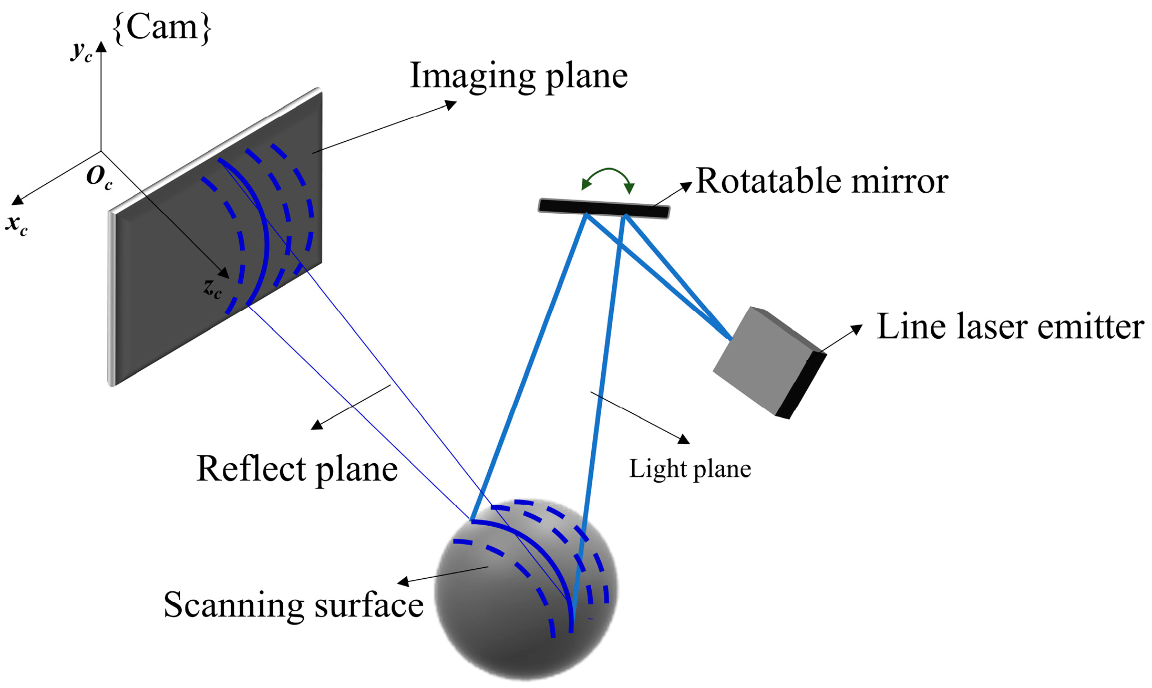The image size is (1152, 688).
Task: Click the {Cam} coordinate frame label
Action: (x=162, y=27)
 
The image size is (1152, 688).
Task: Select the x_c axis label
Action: (x=17, y=225)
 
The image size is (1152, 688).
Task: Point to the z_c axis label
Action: (x=213, y=288)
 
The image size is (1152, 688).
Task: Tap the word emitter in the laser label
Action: (x=1090, y=327)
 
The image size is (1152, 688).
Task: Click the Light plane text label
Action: (x=690, y=468)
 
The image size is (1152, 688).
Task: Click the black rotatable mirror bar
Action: (x=604, y=208)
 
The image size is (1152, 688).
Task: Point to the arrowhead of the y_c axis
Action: (x=101, y=46)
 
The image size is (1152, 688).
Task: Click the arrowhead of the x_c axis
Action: (x=17, y=200)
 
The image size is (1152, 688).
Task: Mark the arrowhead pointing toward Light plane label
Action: (x=684, y=439)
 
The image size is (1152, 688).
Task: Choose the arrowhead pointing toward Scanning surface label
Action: (x=403, y=581)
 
